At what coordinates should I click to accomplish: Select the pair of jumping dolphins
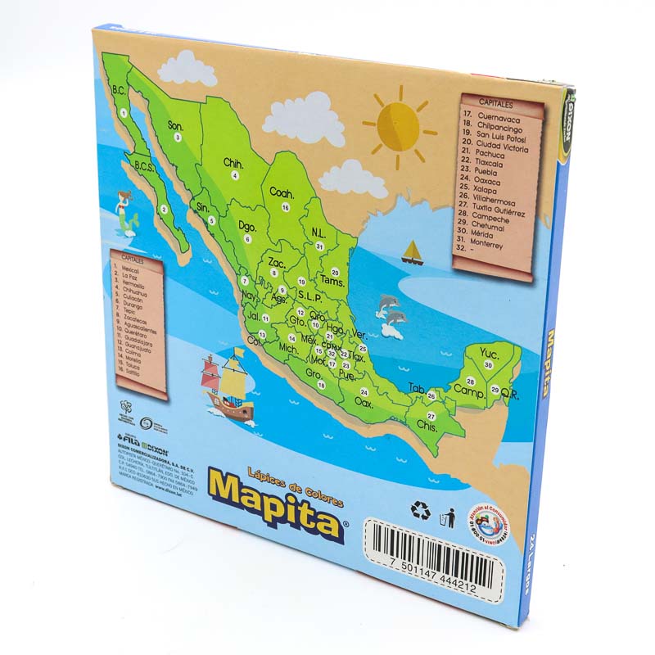pyautogui.click(x=390, y=315)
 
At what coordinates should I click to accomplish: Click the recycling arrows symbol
pyautogui.click(x=419, y=511)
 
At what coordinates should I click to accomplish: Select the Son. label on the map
pyautogui.click(x=175, y=125)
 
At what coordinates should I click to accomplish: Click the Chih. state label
pyautogui.click(x=233, y=163)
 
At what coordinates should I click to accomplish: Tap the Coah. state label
pyautogui.click(x=282, y=192)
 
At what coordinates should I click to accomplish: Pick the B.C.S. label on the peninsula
pyautogui.click(x=144, y=166)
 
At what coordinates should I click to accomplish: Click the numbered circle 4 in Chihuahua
pyautogui.click(x=235, y=175)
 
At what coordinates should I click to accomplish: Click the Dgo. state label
pyautogui.click(x=247, y=226)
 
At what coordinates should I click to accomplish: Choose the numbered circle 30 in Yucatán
pyautogui.click(x=488, y=364)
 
